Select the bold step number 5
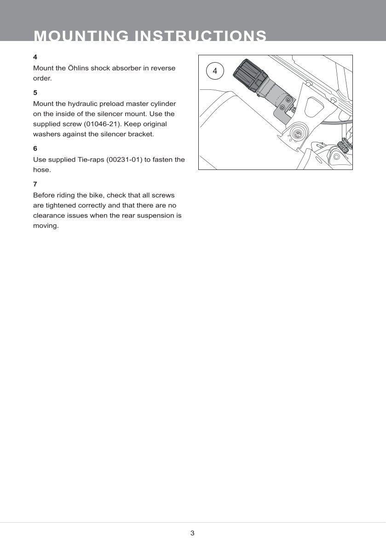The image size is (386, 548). click(35, 92)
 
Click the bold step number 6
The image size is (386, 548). click(35, 148)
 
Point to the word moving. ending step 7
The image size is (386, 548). click(46, 226)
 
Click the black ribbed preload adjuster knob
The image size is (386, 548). click(248, 75)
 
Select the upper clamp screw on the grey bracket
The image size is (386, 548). click(288, 99)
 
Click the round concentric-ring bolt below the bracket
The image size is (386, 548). click(298, 134)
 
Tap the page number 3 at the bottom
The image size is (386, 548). click(193, 533)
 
